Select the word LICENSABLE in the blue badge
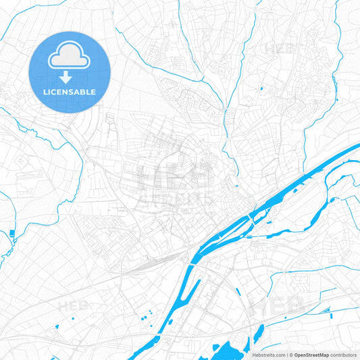[x=70, y=92]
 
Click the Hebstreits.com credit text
[x=267, y=355]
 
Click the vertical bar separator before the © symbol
[x=287, y=355]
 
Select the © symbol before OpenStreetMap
[x=291, y=355]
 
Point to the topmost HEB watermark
[x=280, y=49]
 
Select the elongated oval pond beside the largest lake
[x=257, y=332]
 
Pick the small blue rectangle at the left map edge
[x=11, y=234]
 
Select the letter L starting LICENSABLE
[x=45, y=92]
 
